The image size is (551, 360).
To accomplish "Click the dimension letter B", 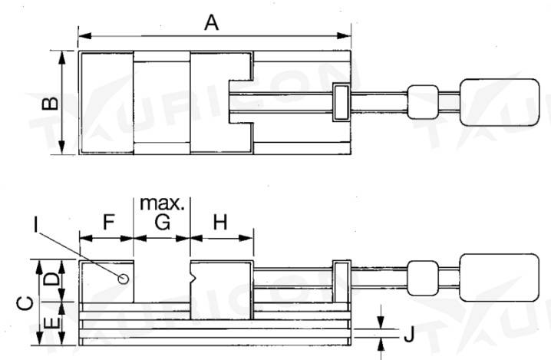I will click(47, 104).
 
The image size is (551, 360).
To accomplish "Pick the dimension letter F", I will click(107, 223).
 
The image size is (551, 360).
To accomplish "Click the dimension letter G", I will click(162, 223).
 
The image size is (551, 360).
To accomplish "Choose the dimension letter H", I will click(220, 223).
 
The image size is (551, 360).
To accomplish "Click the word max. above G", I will click(162, 204).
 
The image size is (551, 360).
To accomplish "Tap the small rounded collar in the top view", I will click(423, 102).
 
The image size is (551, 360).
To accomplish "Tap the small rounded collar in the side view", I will click(422, 276).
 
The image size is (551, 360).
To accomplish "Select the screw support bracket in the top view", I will click(340, 104).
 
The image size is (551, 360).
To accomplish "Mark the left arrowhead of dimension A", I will click(81, 35).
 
